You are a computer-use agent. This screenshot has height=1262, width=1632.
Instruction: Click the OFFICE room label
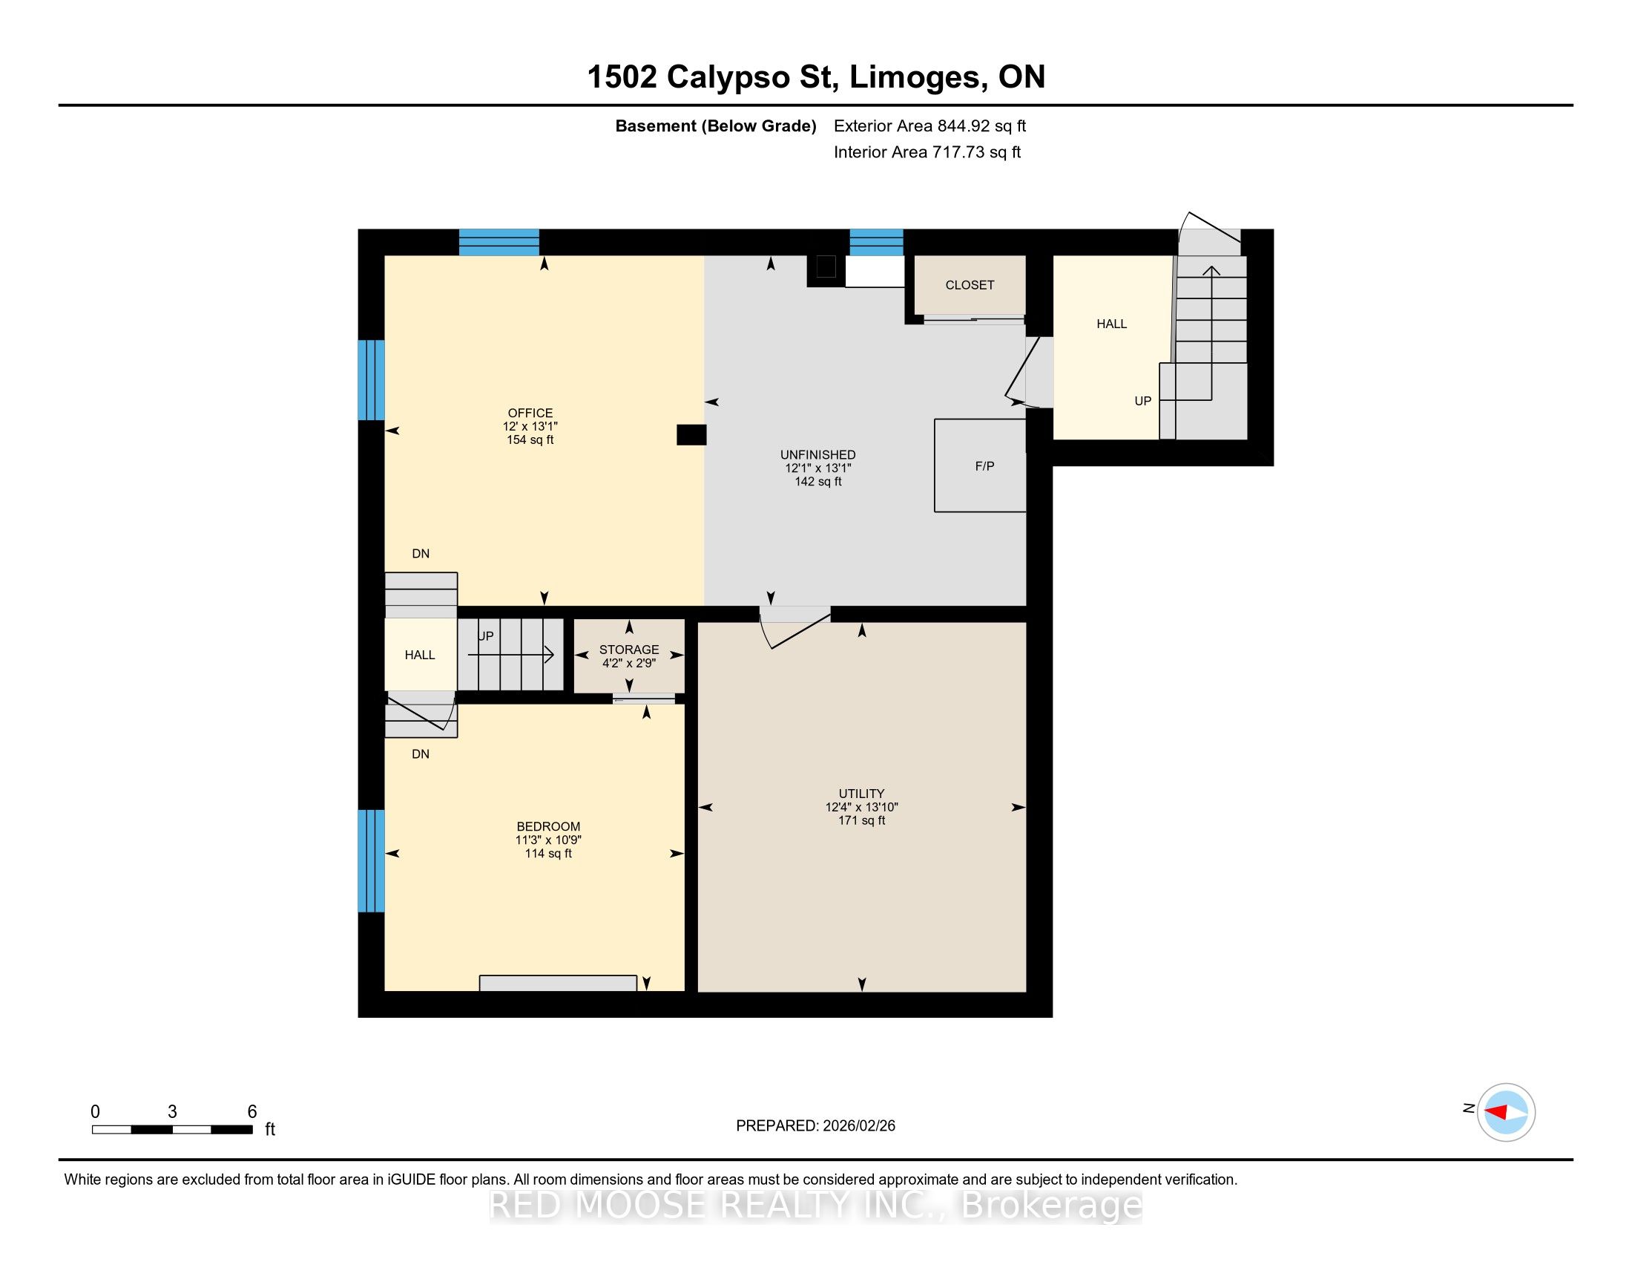(x=530, y=413)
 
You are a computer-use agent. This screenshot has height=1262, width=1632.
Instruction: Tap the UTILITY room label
(x=861, y=794)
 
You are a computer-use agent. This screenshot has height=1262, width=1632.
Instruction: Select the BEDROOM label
(x=548, y=826)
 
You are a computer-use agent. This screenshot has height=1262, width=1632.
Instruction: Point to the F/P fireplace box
(x=980, y=465)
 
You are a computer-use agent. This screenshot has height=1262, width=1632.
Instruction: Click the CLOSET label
(x=970, y=285)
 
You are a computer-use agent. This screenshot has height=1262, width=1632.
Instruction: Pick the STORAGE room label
(x=629, y=650)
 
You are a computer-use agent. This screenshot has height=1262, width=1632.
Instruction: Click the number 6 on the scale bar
(x=251, y=1112)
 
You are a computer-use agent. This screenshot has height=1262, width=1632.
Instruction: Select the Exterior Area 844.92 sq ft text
(x=929, y=125)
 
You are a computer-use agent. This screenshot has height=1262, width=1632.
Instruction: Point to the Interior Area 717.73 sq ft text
(x=927, y=151)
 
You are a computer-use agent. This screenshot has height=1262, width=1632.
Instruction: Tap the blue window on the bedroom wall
(x=372, y=860)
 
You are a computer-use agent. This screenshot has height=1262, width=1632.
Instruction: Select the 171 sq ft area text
(x=861, y=820)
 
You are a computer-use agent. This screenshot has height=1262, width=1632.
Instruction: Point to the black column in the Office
(x=691, y=434)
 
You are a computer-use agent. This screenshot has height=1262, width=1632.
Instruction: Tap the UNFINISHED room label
(x=818, y=454)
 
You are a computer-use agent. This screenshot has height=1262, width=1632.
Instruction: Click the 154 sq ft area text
(x=530, y=439)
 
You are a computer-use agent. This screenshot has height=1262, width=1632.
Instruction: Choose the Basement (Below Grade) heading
(x=715, y=125)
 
